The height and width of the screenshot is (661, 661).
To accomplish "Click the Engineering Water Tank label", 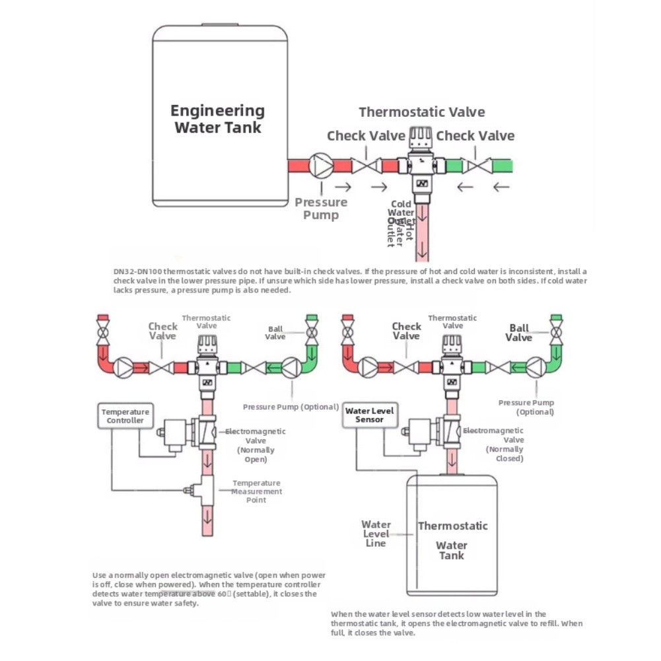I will pyautogui.click(x=217, y=119).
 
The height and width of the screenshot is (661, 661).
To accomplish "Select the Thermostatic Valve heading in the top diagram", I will pyautogui.click(x=421, y=112).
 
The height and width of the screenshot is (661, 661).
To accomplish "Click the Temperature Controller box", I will pyautogui.click(x=125, y=416).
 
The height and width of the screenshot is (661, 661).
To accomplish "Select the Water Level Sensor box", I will pyautogui.click(x=369, y=415).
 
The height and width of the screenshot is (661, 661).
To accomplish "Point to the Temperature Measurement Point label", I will pyautogui.click(x=256, y=491).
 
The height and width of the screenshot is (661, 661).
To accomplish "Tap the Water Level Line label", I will pyautogui.click(x=376, y=534).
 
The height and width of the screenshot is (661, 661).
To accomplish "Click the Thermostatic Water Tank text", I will pyautogui.click(x=452, y=540).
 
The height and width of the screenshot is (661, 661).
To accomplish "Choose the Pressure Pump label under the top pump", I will pyautogui.click(x=321, y=209).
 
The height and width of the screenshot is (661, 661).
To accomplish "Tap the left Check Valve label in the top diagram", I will pyautogui.click(x=366, y=136).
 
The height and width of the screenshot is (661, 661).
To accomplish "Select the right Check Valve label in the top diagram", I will pyautogui.click(x=475, y=136).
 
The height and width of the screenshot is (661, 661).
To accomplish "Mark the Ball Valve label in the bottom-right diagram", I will pyautogui.click(x=519, y=333).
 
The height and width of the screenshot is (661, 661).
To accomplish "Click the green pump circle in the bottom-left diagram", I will pyautogui.click(x=291, y=367).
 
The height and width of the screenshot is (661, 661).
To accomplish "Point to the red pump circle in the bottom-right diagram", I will pyautogui.click(x=368, y=366).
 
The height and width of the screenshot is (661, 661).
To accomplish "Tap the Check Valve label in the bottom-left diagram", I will pyautogui.click(x=162, y=331).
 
